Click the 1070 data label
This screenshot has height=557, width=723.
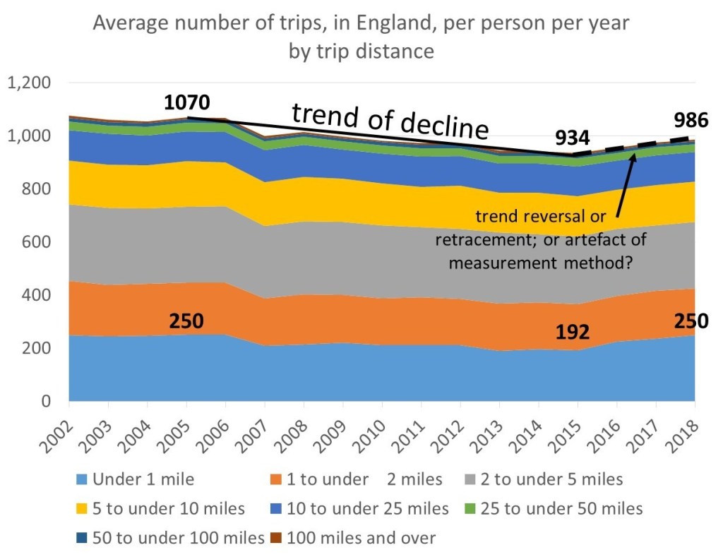(186, 103)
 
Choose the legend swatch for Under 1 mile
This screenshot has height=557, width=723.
(83, 480)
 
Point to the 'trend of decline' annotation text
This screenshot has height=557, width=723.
(390, 120)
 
